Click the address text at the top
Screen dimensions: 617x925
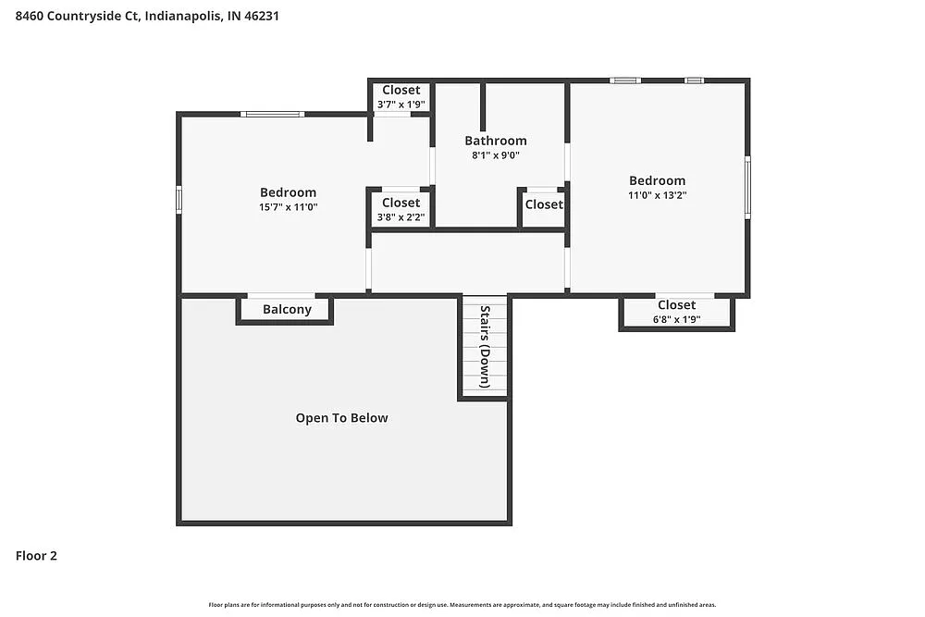[x=147, y=16]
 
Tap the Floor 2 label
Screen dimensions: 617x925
[x=37, y=556]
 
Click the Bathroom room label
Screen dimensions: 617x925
[x=496, y=141]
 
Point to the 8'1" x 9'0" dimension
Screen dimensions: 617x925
[x=496, y=155]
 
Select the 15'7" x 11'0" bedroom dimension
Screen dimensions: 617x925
[x=288, y=207]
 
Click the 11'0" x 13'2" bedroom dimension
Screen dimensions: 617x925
[x=658, y=195]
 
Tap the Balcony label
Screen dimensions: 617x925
[x=287, y=309]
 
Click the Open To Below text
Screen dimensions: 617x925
[x=341, y=418]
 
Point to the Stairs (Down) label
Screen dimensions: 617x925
[x=484, y=345]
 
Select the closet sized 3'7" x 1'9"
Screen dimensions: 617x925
[x=401, y=97]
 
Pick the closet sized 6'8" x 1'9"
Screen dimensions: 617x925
[x=676, y=312]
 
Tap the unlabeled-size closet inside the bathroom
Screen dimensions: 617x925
[x=543, y=204]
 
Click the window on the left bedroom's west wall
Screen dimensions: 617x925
[x=179, y=200]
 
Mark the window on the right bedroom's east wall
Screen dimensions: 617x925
[x=747, y=187]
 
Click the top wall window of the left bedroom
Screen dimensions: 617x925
[x=272, y=114]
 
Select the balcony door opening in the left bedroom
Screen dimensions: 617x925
[x=281, y=295]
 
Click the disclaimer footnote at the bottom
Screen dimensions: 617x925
[x=462, y=604]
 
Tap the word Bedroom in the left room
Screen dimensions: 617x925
[x=288, y=192]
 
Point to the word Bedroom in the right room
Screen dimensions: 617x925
[x=658, y=180]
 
